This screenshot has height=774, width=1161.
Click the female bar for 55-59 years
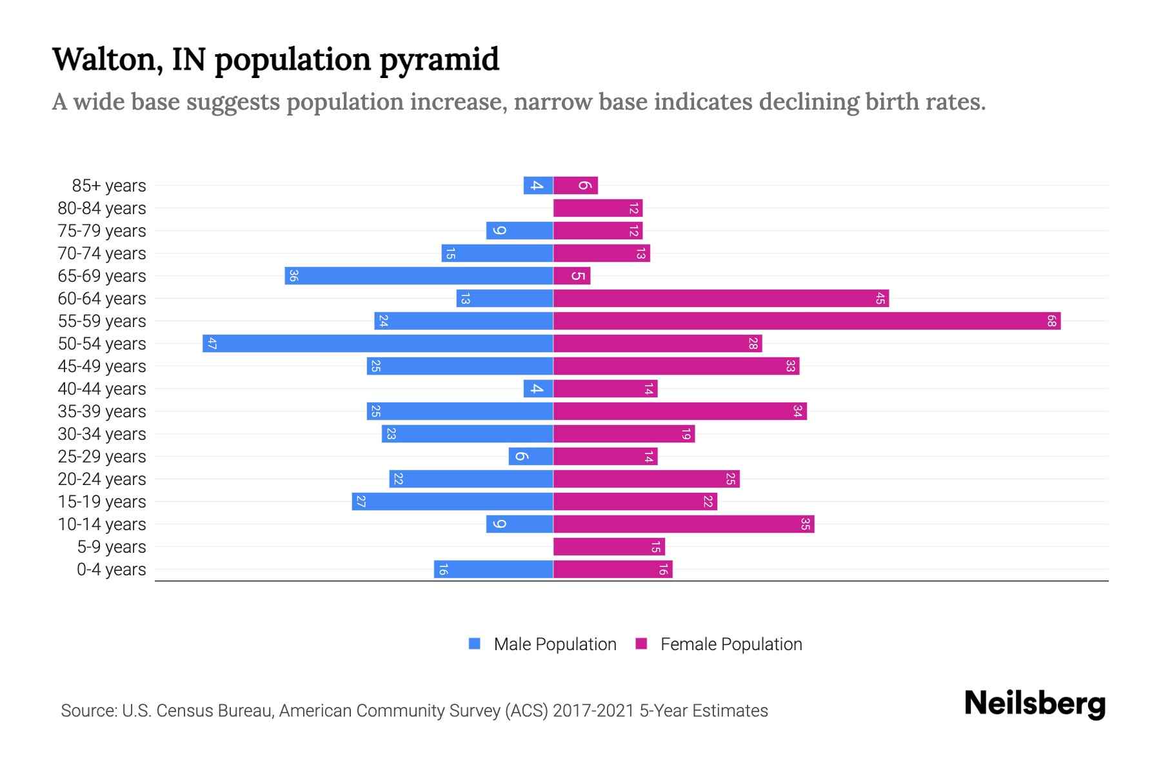(806, 321)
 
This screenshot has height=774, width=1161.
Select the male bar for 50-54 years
(377, 343)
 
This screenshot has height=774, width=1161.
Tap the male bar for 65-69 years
(419, 275)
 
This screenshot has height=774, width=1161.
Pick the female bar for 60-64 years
(720, 298)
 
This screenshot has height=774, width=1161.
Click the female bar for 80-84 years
(597, 208)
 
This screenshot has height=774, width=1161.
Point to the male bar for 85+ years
(538, 186)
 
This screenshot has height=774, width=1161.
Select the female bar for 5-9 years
(608, 547)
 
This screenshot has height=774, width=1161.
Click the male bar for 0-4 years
(493, 570)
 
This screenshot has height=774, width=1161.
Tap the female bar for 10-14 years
(684, 524)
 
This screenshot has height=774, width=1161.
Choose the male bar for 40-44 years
(538, 388)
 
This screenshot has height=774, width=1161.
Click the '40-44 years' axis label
(102, 389)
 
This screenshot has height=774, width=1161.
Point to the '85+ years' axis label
(109, 186)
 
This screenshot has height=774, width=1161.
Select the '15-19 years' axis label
(102, 502)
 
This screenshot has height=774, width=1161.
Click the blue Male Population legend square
(475, 644)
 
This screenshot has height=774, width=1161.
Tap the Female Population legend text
(731, 644)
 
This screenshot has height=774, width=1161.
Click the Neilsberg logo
(1035, 704)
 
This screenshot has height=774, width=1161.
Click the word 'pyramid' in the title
(439, 60)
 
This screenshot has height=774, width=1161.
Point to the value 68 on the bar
(1051, 321)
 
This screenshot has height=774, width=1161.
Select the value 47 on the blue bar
(212, 343)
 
